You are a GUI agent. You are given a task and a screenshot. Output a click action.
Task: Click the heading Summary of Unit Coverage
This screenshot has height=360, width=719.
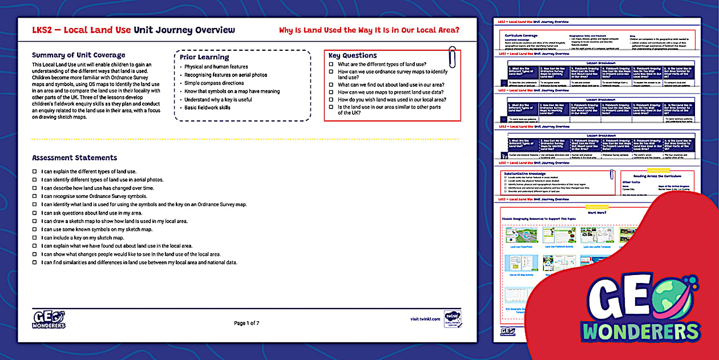coord(78,55)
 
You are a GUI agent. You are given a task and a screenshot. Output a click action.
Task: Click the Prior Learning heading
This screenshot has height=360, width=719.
coord(204,57)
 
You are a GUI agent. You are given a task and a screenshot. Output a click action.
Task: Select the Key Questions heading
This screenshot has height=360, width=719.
coord(352,55)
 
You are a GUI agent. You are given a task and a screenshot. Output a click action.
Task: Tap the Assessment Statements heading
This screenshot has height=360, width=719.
coord(74,158)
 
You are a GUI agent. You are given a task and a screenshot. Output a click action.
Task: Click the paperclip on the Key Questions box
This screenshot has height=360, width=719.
coord(452,56)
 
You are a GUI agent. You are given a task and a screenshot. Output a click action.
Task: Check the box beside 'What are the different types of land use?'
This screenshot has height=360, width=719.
coord(332,65)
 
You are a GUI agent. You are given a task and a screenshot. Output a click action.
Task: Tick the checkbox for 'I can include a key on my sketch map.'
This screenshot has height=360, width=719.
coord(35,238)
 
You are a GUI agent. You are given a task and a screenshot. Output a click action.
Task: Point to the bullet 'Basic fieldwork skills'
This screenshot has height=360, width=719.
coord(207,107)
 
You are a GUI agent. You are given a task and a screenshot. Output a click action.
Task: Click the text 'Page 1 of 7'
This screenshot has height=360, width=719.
coord(247,323)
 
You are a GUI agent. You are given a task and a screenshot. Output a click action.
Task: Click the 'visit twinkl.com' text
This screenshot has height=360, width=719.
coord(425,319)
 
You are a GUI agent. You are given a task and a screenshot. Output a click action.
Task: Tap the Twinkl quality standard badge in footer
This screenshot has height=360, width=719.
coord(452,319)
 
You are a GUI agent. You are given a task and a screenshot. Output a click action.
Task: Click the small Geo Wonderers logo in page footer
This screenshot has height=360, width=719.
coord(49,319)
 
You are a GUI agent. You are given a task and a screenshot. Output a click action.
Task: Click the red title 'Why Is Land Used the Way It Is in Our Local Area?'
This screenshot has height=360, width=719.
coord(369,30)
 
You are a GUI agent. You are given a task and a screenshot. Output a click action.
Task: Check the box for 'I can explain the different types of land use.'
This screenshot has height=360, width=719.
coord(35,172)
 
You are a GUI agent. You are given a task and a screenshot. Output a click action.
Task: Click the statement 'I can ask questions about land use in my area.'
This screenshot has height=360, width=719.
coord(91,213)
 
